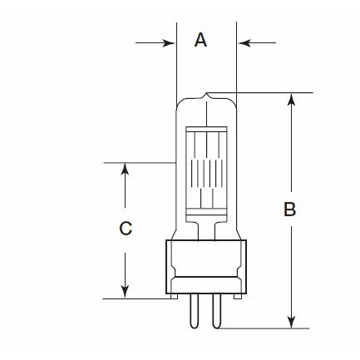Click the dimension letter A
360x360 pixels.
tap(200, 40)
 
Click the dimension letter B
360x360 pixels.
tap(290, 210)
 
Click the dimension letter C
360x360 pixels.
tap(126, 229)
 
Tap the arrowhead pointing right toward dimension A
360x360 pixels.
tap(169, 43)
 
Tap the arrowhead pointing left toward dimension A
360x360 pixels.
tap(244, 43)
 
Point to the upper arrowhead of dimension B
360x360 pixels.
tap(291, 99)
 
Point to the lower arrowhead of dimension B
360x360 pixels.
tap(291, 323)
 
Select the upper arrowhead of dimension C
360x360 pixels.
tap(126, 169)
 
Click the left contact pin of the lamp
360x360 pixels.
tap(195, 311)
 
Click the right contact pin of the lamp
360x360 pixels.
tap(216, 311)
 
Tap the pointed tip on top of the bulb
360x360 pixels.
tap(206, 93)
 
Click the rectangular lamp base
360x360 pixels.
tap(206, 267)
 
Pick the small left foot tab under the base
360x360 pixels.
tap(174, 296)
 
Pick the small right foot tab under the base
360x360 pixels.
tap(238, 296)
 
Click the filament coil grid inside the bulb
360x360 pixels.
tap(207, 173)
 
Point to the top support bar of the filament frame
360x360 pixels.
tap(206, 129)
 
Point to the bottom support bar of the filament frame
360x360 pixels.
tap(206, 211)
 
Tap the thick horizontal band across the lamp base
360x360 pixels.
tap(206, 277)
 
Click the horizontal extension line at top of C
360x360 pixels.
tap(140, 163)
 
